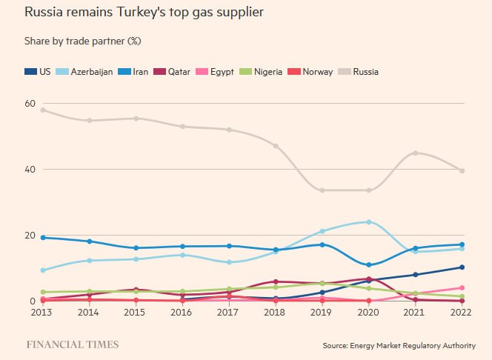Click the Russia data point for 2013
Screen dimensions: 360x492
pyautogui.click(x=43, y=110)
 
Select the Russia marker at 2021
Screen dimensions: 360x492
pyautogui.click(x=416, y=153)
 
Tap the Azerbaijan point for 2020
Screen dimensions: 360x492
pyautogui.click(x=369, y=221)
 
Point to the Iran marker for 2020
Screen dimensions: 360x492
pyautogui.click(x=369, y=264)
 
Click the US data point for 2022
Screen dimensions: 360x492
pyautogui.click(x=462, y=267)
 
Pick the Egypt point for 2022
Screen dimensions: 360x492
pyautogui.click(x=462, y=288)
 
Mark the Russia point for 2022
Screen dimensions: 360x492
pyautogui.click(x=462, y=171)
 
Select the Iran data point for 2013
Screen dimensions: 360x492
pyautogui.click(x=43, y=238)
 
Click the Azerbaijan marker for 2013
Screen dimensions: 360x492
pyautogui.click(x=43, y=270)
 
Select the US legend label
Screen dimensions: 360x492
pyautogui.click(x=43, y=72)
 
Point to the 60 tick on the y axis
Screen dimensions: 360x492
pyautogui.click(x=30, y=103)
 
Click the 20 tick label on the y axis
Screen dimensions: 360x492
pyautogui.click(x=30, y=236)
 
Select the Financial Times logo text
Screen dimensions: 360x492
pyautogui.click(x=72, y=344)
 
